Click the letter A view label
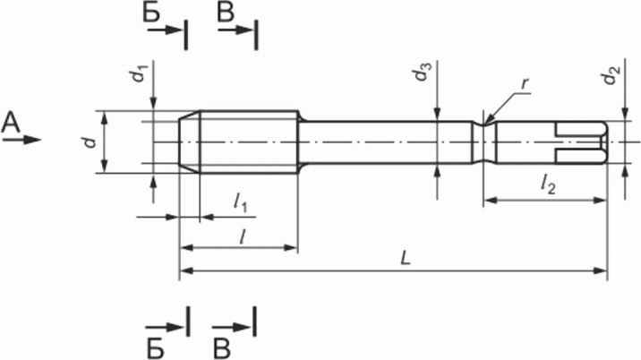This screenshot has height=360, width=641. [x=11, y=124]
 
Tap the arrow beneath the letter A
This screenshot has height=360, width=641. [x=21, y=140]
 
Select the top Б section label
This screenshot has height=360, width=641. [x=151, y=13]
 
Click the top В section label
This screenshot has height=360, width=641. [x=226, y=13]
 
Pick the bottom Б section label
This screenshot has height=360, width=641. [x=156, y=348]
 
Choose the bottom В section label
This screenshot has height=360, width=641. [x=222, y=348]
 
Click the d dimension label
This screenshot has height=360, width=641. [x=90, y=142]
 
